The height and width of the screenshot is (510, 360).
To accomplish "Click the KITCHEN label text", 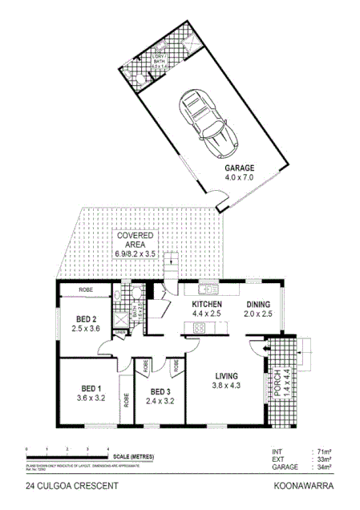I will (208, 305).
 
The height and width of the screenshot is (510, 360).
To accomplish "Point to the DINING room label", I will (258, 305).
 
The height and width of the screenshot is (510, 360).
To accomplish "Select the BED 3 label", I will (162, 392).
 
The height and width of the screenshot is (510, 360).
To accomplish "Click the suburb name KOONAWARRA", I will (304, 486).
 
